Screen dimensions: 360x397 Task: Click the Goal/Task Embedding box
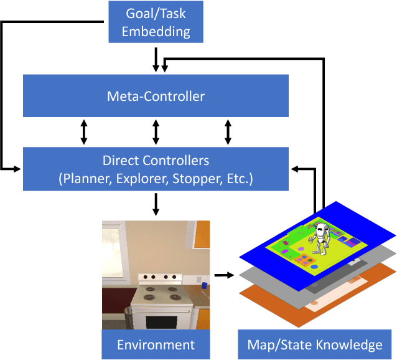pyautogui.click(x=156, y=22)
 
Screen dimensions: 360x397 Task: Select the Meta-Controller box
pyautogui.click(x=156, y=96)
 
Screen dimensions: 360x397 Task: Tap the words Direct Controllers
pyautogui.click(x=156, y=161)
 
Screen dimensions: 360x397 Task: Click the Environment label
pyautogui.click(x=156, y=344)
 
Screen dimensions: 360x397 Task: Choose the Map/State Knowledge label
pyautogui.click(x=315, y=344)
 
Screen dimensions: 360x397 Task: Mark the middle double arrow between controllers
pyautogui.click(x=156, y=132)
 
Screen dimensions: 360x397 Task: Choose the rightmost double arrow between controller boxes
pyautogui.click(x=228, y=132)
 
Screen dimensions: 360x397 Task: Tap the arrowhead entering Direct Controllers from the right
pyautogui.click(x=294, y=168)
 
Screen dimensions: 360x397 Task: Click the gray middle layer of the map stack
pyautogui.click(x=380, y=255)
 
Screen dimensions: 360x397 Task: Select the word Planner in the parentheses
pyautogui.click(x=83, y=179)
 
